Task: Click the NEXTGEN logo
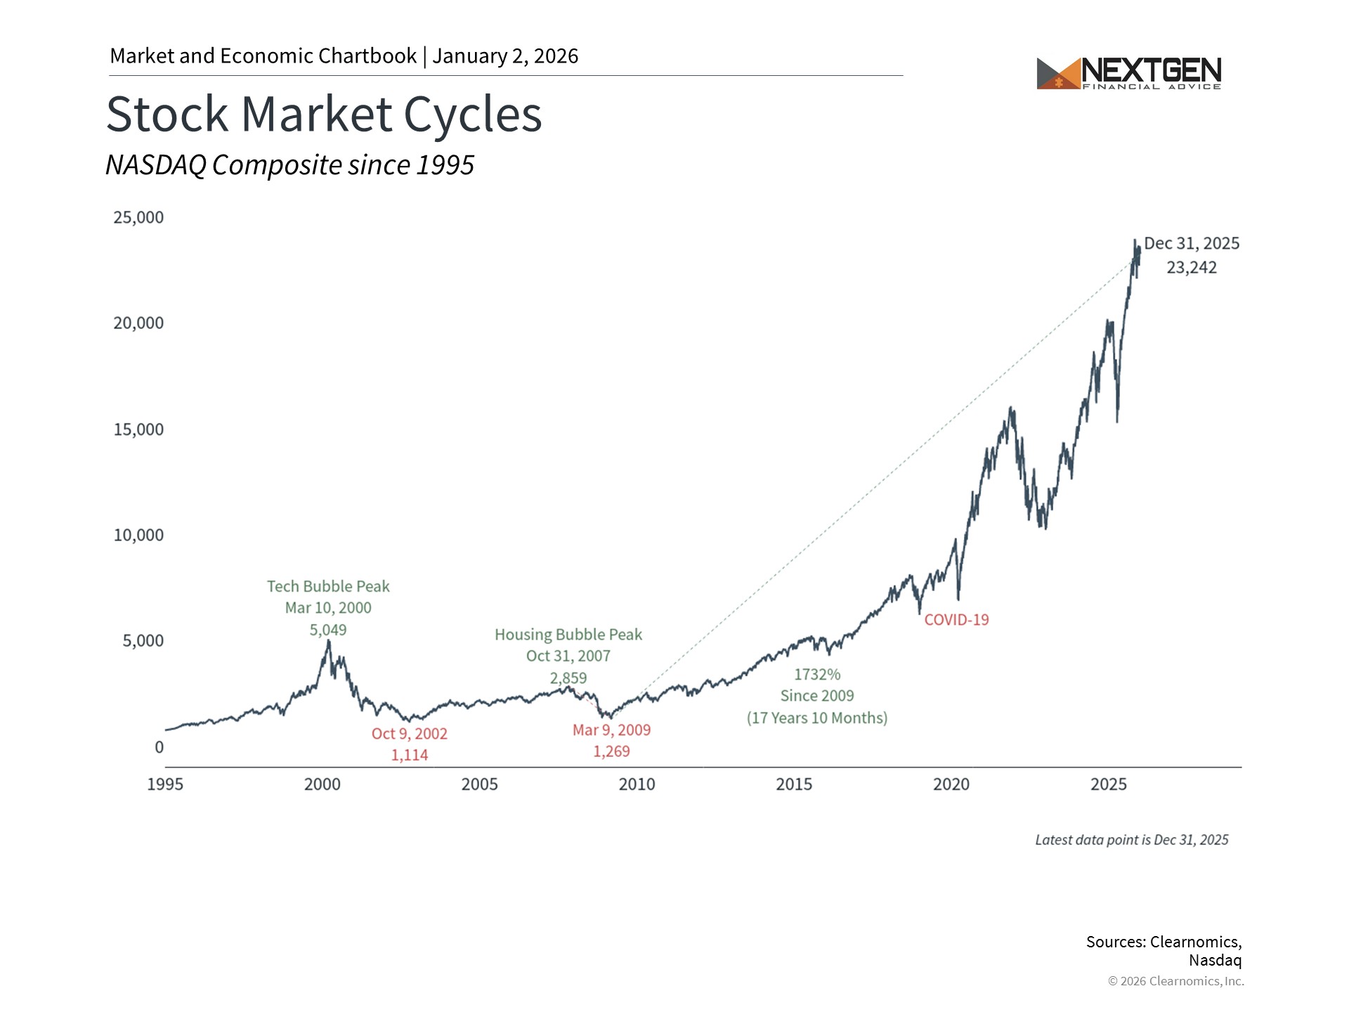[x=1128, y=73]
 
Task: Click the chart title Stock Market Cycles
[x=324, y=114]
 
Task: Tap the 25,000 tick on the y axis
[x=138, y=217]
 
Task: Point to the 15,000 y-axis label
[x=138, y=429]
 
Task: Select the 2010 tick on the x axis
[x=637, y=784]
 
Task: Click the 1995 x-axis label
[x=165, y=784]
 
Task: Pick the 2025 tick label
[x=1108, y=784]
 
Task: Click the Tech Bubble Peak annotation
[x=328, y=586]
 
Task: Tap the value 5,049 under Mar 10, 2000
[x=328, y=630]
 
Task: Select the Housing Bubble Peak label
[x=568, y=635]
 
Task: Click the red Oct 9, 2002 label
[x=410, y=734]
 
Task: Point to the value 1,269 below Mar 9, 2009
[x=611, y=751]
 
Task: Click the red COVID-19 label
[x=956, y=620]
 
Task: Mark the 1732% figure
[x=817, y=675]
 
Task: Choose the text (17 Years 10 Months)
[x=817, y=718]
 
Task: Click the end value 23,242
[x=1192, y=268]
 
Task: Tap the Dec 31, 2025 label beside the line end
[x=1192, y=243]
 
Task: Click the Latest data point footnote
[x=1131, y=840]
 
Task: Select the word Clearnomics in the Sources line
[x=1194, y=942]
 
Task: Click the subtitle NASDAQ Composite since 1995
[x=289, y=165]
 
